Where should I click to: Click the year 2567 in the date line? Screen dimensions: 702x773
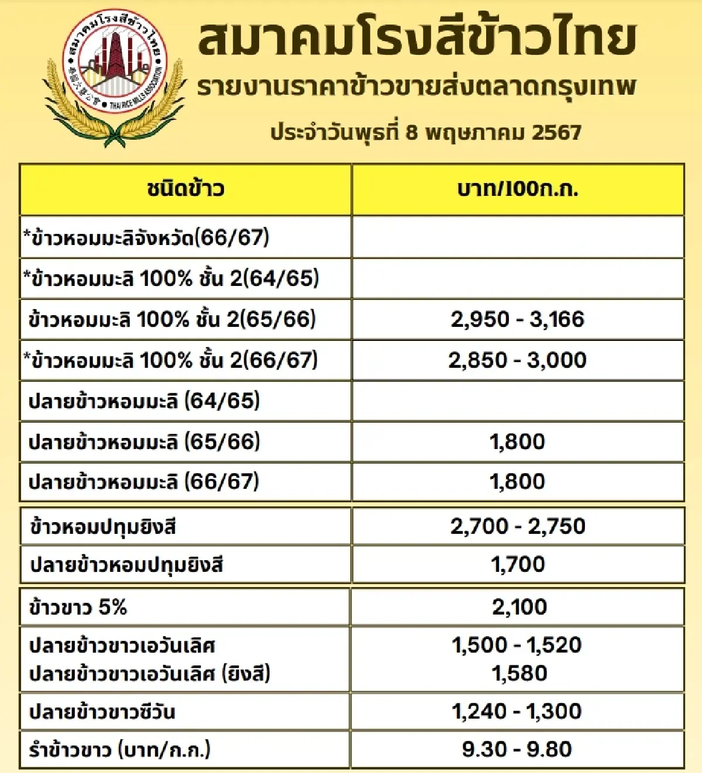556,132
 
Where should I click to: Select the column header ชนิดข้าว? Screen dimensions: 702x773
185,189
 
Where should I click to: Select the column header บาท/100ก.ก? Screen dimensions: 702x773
518,189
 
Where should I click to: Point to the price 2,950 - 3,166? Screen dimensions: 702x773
518,319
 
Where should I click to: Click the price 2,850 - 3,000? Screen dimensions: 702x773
518,360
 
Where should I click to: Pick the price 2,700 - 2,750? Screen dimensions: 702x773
518,526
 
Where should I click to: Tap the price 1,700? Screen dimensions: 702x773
518,564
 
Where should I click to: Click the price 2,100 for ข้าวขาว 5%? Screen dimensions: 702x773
519,607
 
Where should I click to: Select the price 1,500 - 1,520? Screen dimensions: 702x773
517,645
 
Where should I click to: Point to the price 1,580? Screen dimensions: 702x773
519,674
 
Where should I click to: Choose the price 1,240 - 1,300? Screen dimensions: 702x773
517,711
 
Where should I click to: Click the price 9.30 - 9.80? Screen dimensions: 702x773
517,749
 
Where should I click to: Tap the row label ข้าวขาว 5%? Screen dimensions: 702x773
78,608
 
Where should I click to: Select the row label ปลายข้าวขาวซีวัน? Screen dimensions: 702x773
102,712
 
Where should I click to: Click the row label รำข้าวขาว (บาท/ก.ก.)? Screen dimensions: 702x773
119,750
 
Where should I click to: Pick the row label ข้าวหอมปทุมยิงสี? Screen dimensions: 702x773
103,527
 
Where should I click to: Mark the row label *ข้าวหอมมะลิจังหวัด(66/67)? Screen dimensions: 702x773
146,237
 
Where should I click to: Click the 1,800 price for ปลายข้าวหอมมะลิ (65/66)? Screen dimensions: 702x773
518,441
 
